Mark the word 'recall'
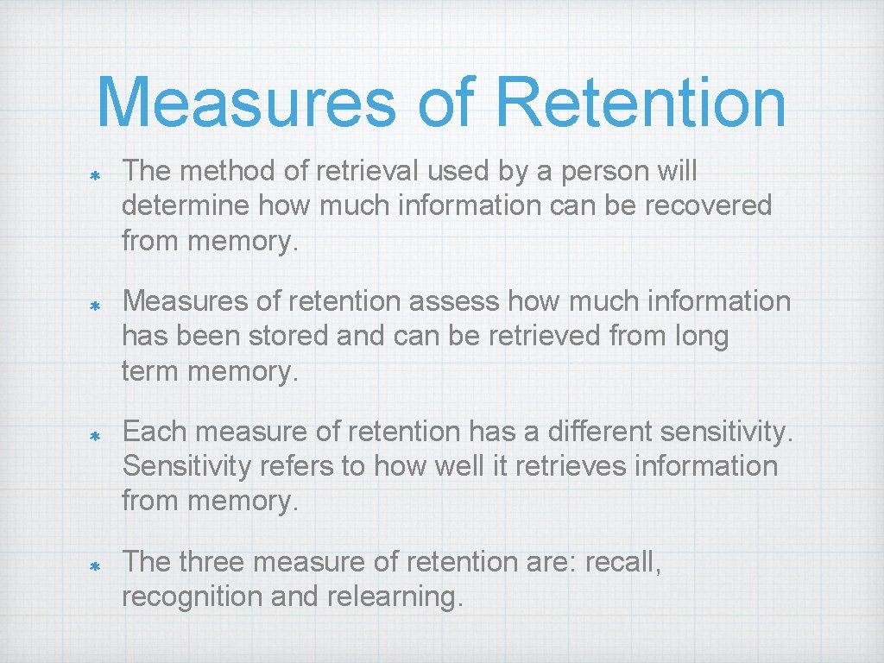point(622,562)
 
